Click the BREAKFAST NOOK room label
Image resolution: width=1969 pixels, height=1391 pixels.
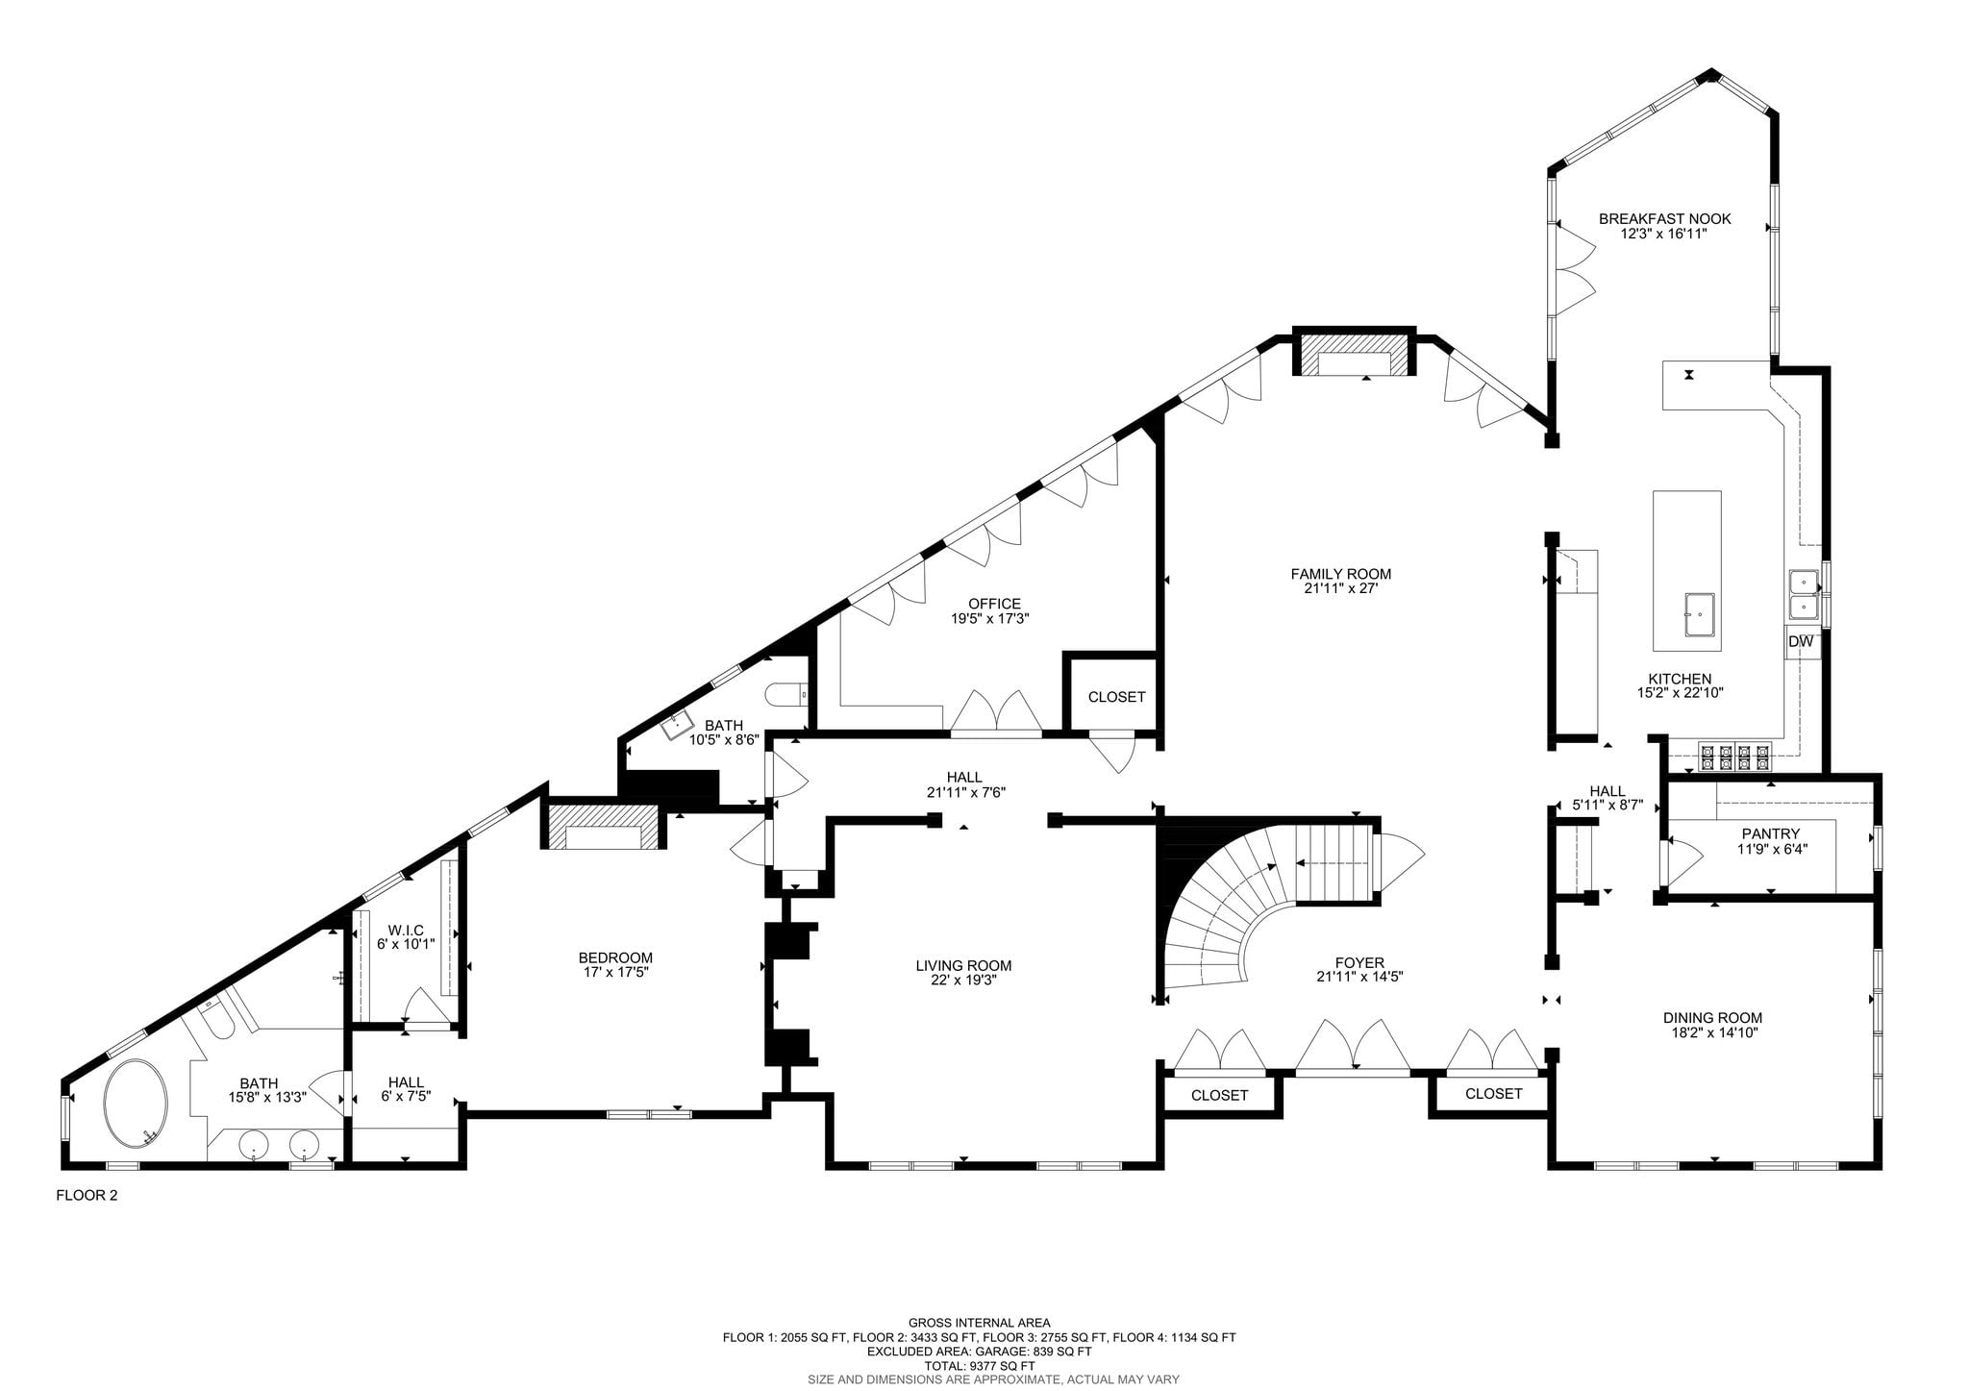(x=1664, y=219)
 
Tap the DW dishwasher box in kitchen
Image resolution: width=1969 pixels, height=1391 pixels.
(x=1801, y=642)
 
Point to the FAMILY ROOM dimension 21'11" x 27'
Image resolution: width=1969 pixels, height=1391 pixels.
(x=1340, y=589)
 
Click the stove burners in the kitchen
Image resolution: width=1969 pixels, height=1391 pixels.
(x=1734, y=758)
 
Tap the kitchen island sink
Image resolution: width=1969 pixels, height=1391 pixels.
(x=1700, y=614)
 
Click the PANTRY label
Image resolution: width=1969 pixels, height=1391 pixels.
(x=1770, y=833)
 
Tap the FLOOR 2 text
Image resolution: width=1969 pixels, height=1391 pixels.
(x=87, y=1196)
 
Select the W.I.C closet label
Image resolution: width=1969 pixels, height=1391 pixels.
(x=406, y=930)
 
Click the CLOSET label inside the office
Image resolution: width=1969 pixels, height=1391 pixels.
(x=1116, y=697)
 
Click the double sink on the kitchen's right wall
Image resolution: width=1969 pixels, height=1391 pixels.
(x=1803, y=594)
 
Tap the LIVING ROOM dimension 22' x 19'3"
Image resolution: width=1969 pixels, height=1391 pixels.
(x=963, y=981)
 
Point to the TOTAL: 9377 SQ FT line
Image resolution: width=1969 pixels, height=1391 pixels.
(x=979, y=1366)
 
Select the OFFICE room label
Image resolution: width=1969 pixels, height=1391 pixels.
(x=994, y=604)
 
